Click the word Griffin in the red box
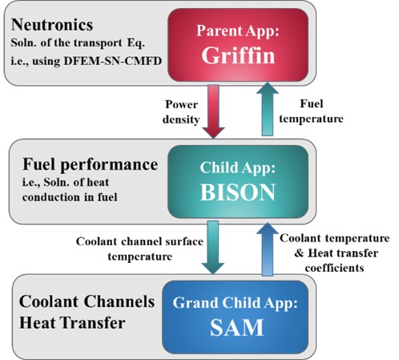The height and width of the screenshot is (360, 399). tap(238, 55)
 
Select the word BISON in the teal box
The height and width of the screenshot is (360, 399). tap(238, 192)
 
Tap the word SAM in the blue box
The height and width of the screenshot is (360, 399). tap(237, 327)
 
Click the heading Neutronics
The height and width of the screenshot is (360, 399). tap(52, 25)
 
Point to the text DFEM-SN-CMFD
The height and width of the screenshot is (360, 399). tap(113, 61)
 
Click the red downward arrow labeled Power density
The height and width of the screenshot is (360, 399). tap(213, 111)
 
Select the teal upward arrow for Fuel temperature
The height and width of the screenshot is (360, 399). tap(268, 109)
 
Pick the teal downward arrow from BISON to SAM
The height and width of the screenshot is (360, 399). tap(213, 248)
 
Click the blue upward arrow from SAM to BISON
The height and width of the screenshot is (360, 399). tap(268, 249)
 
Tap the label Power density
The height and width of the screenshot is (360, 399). tap(181, 111)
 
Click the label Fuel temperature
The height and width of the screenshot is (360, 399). tap(312, 111)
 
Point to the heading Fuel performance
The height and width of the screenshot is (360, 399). tap(91, 164)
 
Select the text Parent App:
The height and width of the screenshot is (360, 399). tap(238, 31)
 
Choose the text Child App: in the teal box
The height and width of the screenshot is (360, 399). tap(237, 168)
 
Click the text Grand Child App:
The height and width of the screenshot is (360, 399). tap(235, 303)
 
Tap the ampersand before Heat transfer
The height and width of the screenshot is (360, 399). tap(299, 253)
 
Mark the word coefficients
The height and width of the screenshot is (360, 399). tap(335, 268)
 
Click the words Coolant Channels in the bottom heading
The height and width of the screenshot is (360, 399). tap(87, 301)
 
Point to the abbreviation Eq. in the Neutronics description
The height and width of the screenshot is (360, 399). tap(136, 43)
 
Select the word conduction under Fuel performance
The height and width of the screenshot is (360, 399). tap(51, 197)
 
